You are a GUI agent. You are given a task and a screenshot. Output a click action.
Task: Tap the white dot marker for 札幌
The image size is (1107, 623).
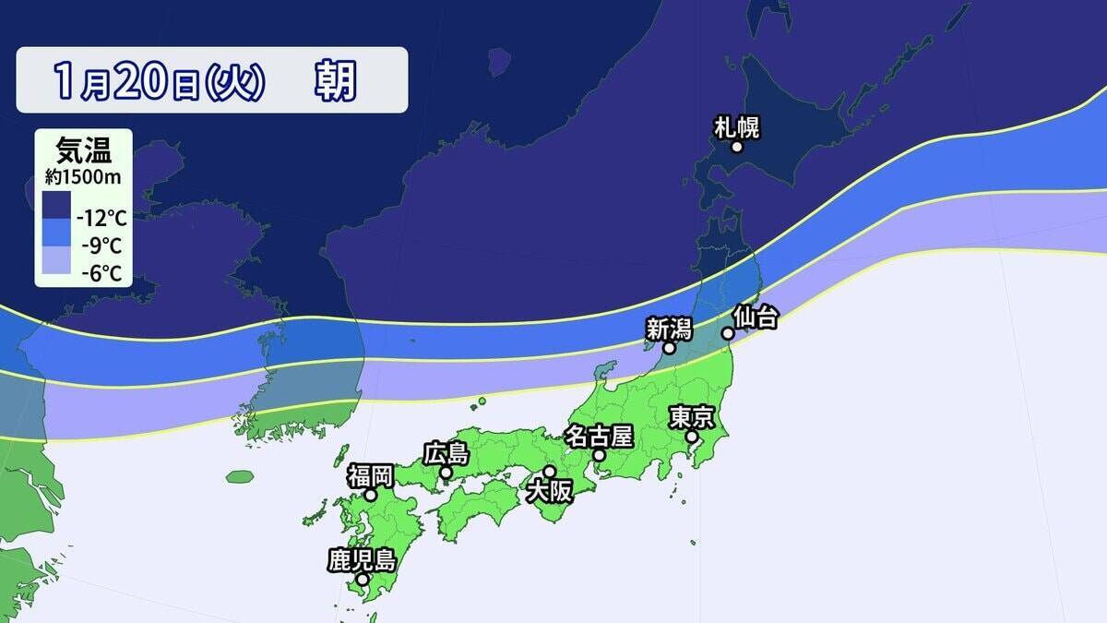pyautogui.click(x=738, y=147)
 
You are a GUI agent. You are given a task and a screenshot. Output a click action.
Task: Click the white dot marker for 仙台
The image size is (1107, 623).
pyautogui.click(x=728, y=333)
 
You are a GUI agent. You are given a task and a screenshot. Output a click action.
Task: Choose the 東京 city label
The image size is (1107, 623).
pyautogui.click(x=691, y=417)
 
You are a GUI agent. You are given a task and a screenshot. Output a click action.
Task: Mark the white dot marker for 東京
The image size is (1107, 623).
pyautogui.click(x=692, y=437)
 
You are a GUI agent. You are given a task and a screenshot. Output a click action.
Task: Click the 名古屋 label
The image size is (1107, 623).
pyautogui.click(x=599, y=435)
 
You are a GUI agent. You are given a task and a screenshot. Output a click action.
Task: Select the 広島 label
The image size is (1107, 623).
pyautogui.click(x=446, y=453)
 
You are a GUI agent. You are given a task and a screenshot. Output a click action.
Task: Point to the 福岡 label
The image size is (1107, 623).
pyautogui.click(x=370, y=475)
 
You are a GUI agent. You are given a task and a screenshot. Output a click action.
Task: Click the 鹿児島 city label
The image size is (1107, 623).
pyautogui.click(x=362, y=559)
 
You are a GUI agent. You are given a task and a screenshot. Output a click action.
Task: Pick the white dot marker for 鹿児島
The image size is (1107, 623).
pyautogui.click(x=363, y=580)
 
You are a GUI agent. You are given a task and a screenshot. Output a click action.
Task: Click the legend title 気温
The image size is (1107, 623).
pyautogui.click(x=77, y=149)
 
